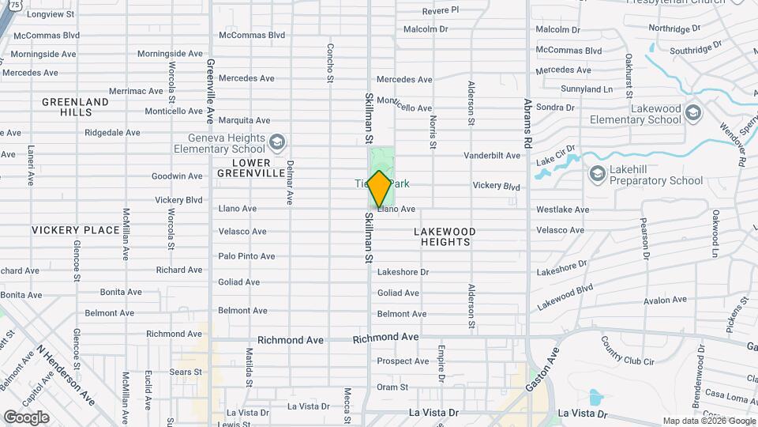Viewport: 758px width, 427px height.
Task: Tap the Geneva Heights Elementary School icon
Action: [x=276, y=142]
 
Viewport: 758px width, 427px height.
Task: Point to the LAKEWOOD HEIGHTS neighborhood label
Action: [x=445, y=236]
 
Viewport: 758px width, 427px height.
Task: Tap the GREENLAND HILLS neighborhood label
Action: [x=75, y=107]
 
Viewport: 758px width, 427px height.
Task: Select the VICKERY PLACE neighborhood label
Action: [x=76, y=230]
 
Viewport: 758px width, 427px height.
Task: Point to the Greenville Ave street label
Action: [x=210, y=91]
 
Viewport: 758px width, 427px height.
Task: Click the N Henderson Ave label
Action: [x=67, y=376]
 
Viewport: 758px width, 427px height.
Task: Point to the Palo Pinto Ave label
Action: [x=246, y=256]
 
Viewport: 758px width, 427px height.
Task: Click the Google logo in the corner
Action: [x=26, y=417]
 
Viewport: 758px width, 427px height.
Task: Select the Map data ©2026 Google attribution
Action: [x=708, y=421]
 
